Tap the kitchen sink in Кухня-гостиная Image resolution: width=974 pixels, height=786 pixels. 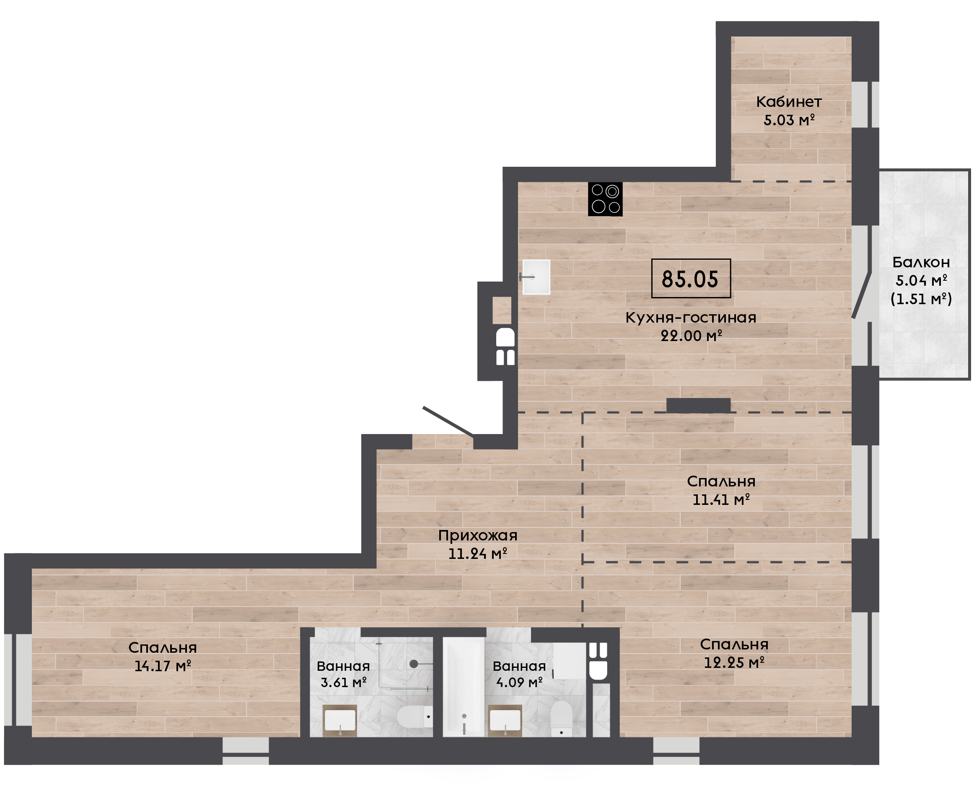coord(536,277)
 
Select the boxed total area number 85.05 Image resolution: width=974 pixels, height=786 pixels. coord(691,279)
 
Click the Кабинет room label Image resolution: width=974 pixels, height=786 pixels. coord(789,102)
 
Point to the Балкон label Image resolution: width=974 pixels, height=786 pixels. coord(921,262)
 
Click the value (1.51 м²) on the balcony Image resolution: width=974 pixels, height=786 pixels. coord(921,299)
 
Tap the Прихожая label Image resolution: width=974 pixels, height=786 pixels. coord(478,535)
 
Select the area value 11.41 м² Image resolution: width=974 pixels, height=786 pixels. coord(721,499)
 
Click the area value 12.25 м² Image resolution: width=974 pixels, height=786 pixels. coord(734,662)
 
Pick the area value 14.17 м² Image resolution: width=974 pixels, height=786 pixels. coord(163,666)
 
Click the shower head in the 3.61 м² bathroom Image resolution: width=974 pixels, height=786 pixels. coord(413,664)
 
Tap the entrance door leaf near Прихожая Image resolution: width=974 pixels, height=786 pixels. coord(448,421)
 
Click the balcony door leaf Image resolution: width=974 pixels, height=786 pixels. coord(861,295)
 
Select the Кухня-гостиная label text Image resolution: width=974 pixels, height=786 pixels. coord(691,318)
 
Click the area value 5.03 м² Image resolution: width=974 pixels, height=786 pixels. coord(789,120)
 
